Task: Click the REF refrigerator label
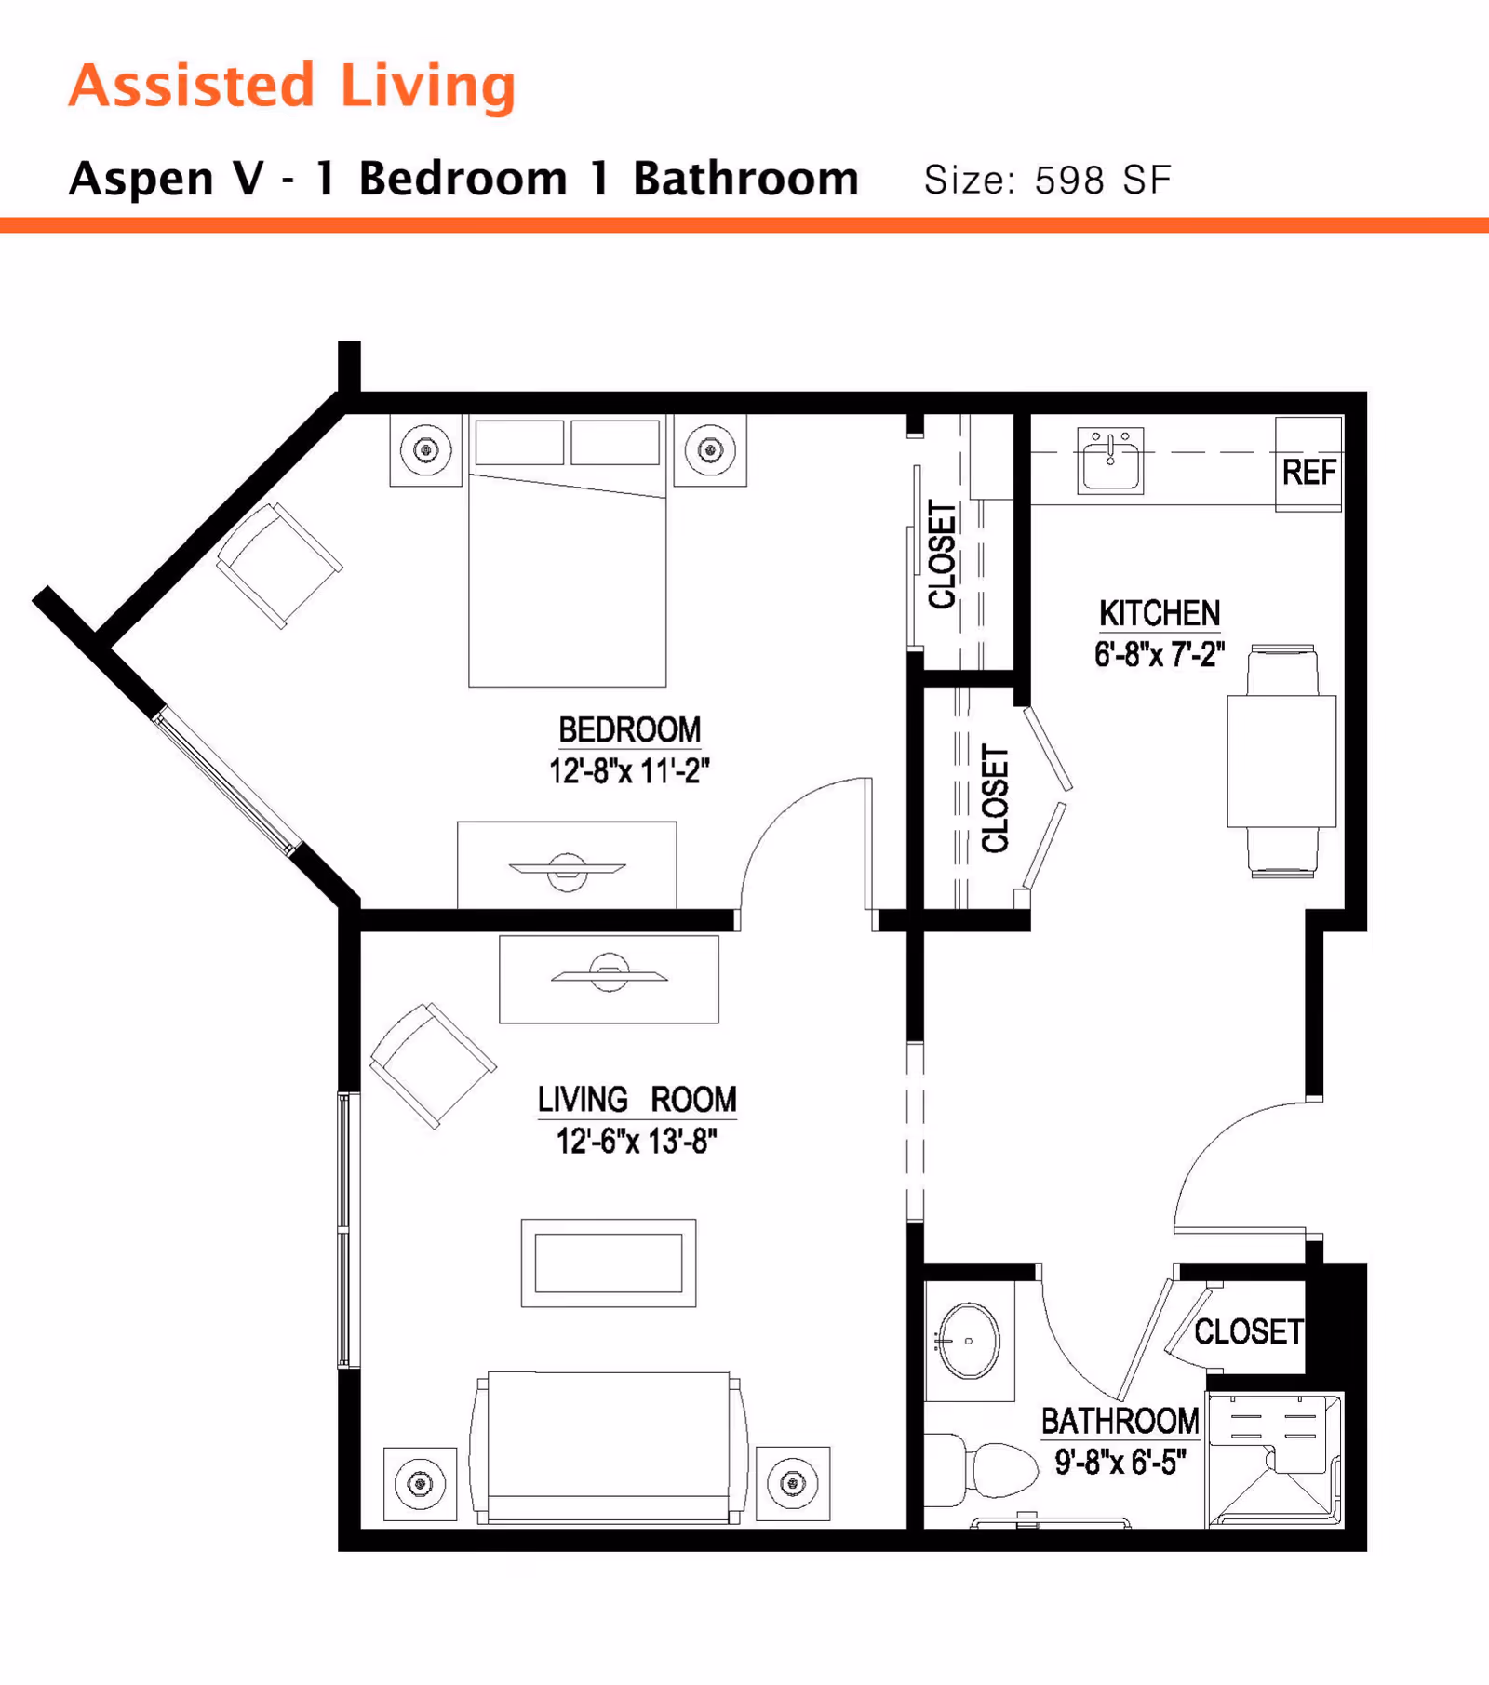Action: (1308, 473)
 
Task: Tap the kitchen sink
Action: (1109, 461)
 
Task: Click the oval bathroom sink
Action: (969, 1341)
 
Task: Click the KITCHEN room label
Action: (1159, 614)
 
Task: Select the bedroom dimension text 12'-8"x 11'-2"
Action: (629, 771)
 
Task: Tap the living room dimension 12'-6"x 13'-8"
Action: (637, 1141)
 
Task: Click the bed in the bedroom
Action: (567, 577)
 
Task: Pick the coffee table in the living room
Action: (608, 1263)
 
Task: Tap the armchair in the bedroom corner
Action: (278, 565)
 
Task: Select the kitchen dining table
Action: (1281, 761)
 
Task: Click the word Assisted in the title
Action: (192, 86)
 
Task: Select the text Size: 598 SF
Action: (1047, 180)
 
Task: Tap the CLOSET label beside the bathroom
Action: (1247, 1331)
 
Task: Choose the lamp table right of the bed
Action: (710, 450)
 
